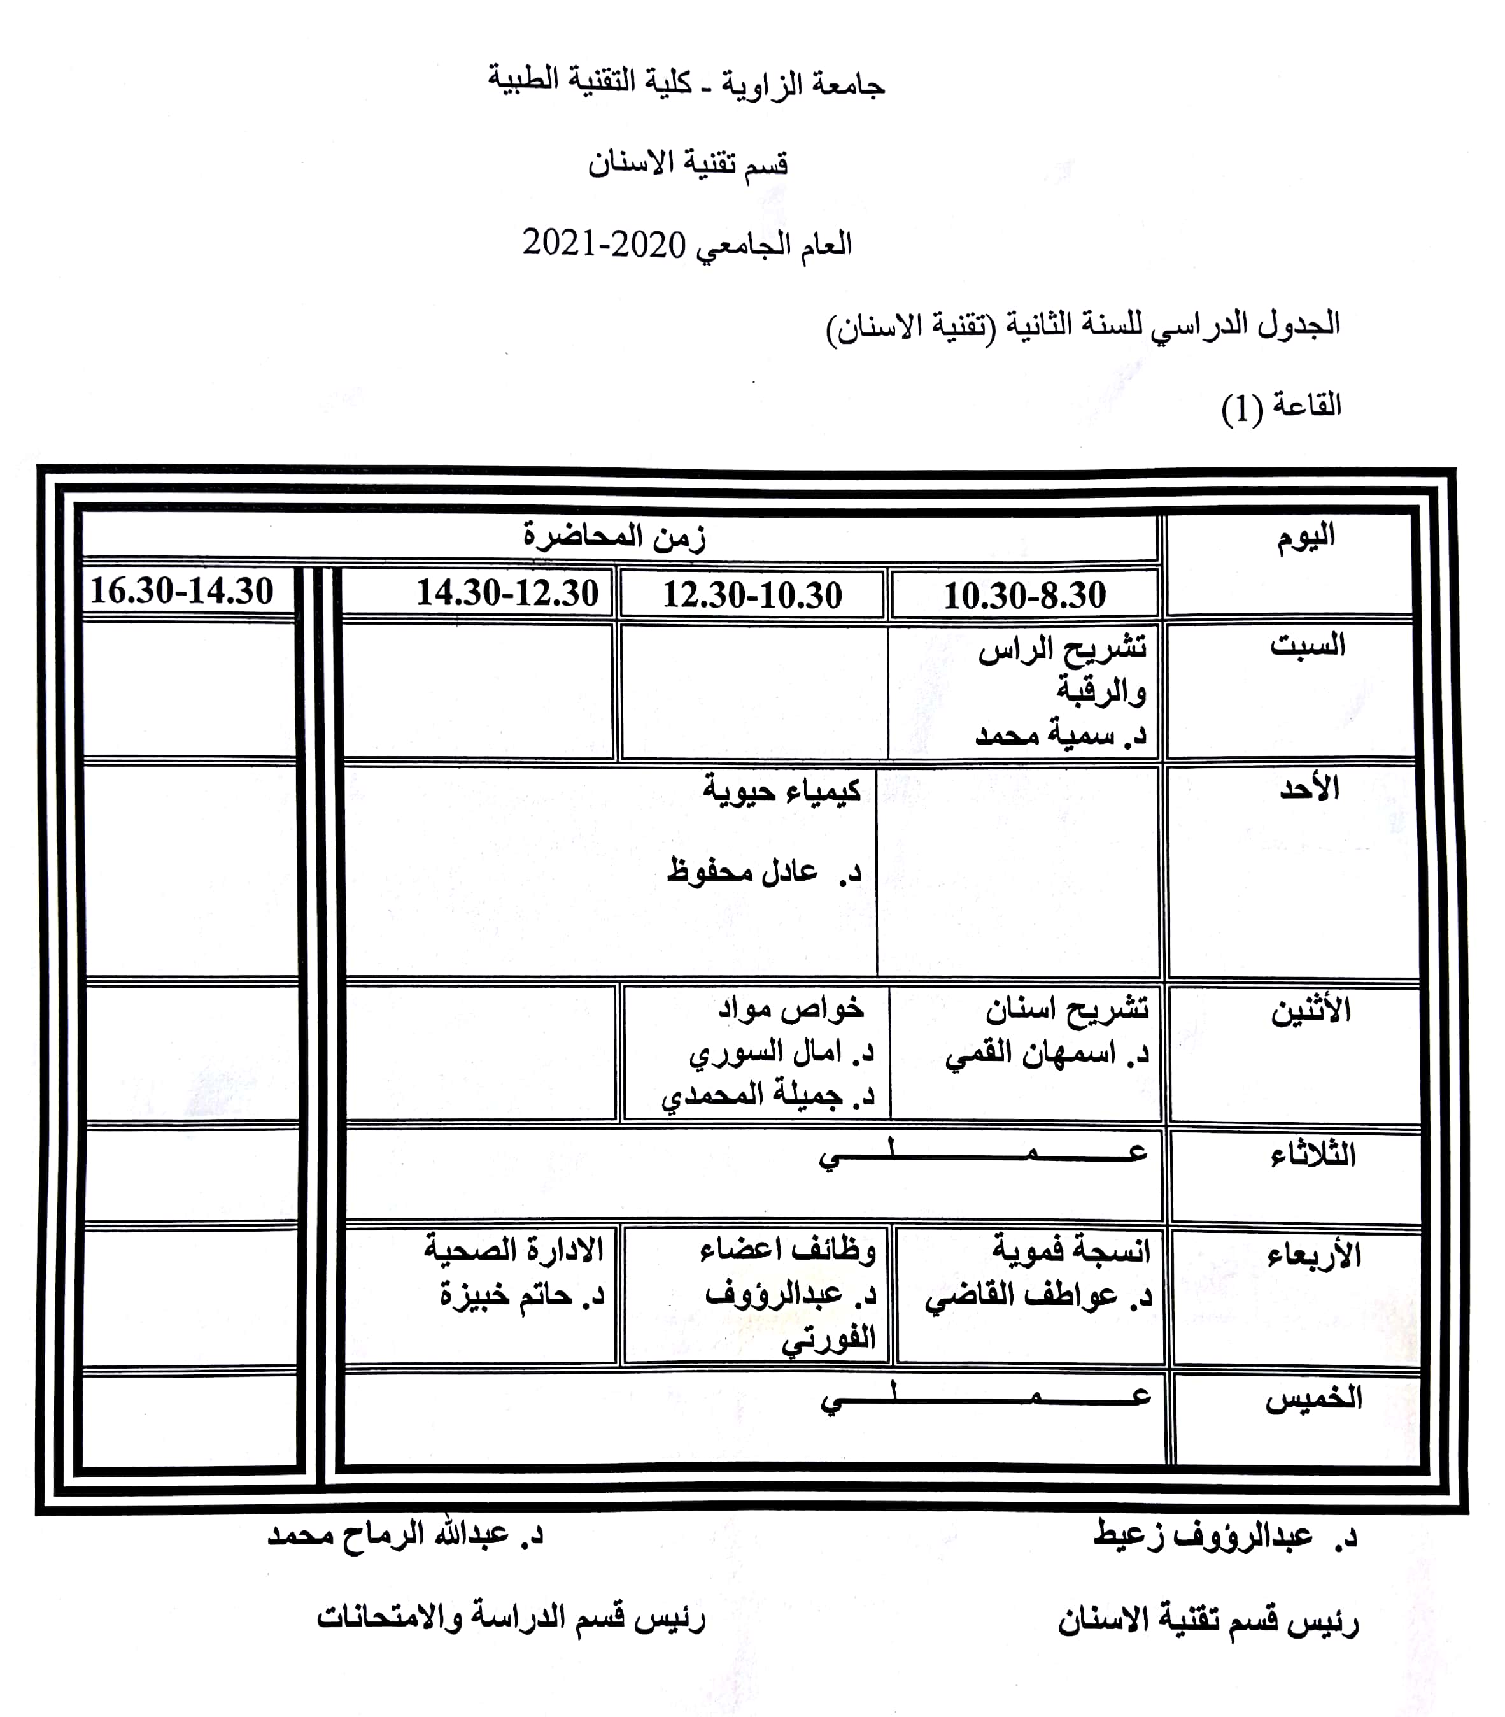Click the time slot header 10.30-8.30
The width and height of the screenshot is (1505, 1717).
pos(1024,595)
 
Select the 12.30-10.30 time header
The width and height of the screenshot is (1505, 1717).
pos(752,595)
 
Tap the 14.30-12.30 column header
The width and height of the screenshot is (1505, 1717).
pos(507,593)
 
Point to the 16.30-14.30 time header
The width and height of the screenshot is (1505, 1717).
pos(181,590)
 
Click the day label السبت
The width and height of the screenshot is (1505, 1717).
pos(1307,645)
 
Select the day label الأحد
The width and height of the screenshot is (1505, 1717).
pos(1308,789)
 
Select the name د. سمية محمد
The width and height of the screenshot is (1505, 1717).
pos(1060,735)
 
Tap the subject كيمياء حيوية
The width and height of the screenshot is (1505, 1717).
pos(781,790)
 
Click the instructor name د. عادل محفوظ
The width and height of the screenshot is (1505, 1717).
pos(764,871)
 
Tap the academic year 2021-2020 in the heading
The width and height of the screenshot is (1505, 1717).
pos(604,245)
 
